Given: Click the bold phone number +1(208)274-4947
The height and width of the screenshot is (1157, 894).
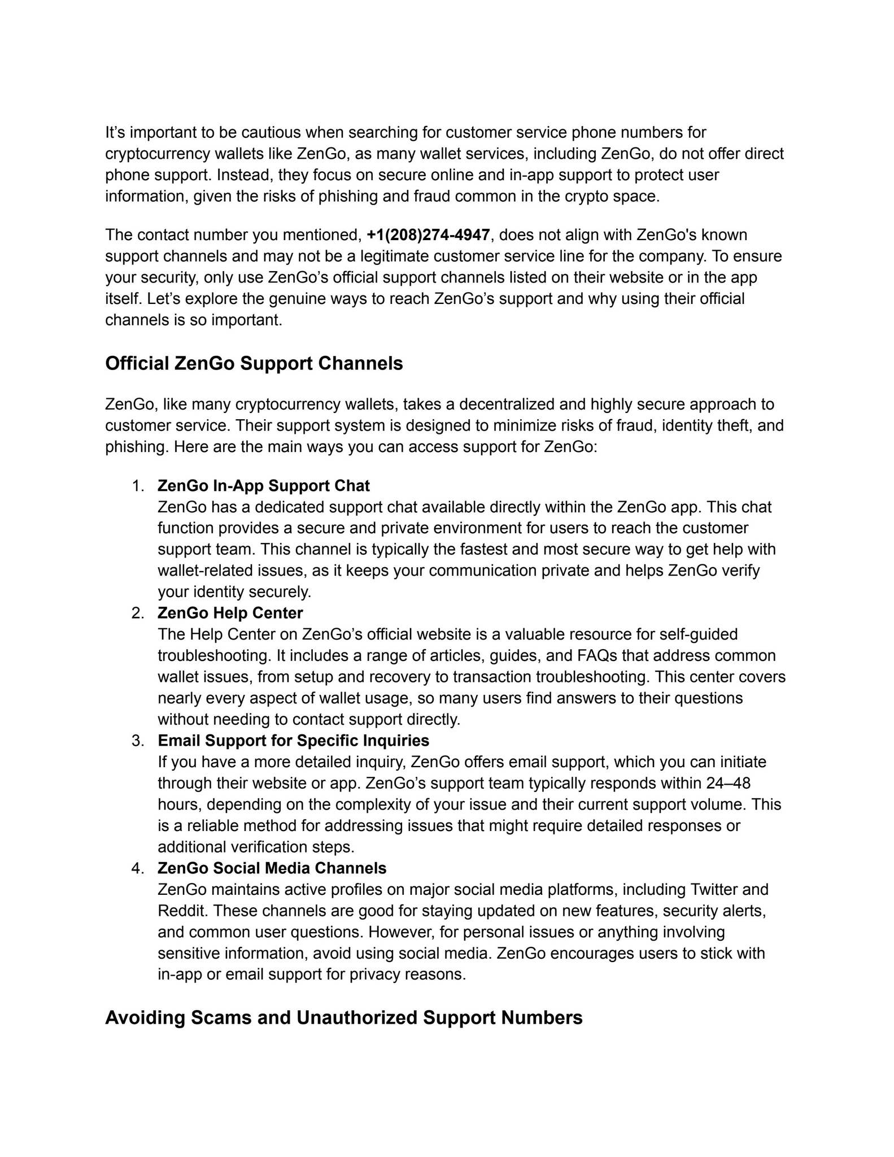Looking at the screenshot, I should coord(428,234).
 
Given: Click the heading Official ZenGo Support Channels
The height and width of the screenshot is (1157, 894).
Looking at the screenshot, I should coord(254,363).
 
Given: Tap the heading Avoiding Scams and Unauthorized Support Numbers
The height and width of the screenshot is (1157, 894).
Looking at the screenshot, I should coord(343,1017).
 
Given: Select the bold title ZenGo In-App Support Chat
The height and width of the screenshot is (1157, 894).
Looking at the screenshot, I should coord(263,486).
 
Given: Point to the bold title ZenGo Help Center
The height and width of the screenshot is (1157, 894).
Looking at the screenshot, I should coord(230,613).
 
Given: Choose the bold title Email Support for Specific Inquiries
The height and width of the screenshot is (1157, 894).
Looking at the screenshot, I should coord(293,741).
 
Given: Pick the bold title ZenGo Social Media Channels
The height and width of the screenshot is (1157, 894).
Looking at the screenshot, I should coord(272,868).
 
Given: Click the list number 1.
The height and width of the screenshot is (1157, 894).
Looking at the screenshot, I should coord(138,486).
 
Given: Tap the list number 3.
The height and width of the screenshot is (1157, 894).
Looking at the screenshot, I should coord(138,741).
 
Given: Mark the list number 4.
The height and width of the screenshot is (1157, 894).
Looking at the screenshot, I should coord(138,868).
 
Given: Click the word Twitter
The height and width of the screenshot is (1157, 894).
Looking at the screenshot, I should coord(713,890).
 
